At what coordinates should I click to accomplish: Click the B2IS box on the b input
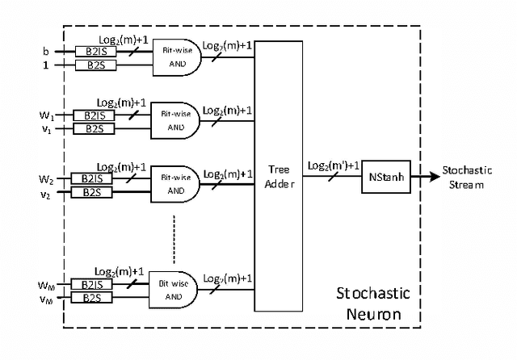click(93, 51)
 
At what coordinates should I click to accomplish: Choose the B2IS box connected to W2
click(93, 178)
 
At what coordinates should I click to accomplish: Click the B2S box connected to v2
click(93, 191)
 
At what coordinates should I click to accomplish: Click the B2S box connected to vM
click(93, 297)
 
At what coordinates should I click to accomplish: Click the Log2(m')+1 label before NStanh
click(332, 166)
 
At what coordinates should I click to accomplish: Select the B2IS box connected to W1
click(93, 115)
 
